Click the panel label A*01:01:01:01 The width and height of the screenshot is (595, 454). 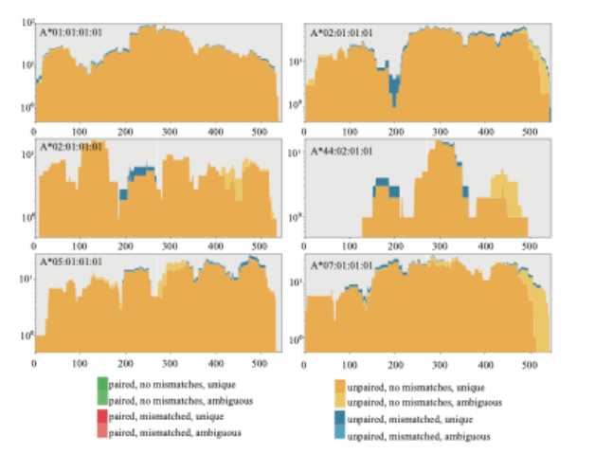(70, 31)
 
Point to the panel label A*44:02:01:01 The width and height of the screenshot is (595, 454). (342, 151)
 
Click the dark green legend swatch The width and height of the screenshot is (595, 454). (102, 386)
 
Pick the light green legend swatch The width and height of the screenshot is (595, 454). (102, 401)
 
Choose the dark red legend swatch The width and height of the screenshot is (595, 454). (102, 417)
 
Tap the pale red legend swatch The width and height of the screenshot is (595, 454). (102, 432)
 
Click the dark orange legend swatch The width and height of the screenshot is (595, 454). (339, 388)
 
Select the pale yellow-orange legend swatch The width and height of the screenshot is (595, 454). (339, 403)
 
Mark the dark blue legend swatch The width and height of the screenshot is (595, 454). (339, 419)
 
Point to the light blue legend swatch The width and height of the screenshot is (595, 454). (339, 434)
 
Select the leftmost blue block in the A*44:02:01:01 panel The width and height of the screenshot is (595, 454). (382, 182)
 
